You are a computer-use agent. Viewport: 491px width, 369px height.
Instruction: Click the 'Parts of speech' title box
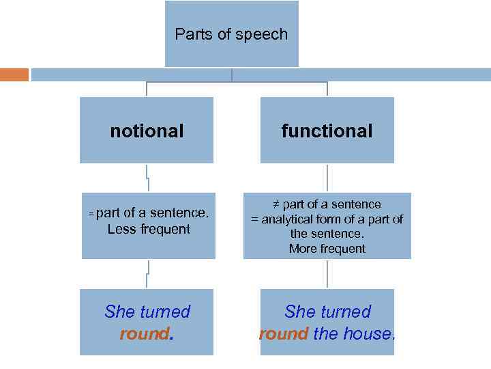(232, 34)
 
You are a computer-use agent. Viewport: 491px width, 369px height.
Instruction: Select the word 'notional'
(147, 131)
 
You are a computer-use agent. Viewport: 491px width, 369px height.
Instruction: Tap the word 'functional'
(327, 131)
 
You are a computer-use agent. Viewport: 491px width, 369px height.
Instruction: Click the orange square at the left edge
(14, 74)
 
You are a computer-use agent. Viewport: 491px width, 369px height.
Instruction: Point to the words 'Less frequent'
(149, 229)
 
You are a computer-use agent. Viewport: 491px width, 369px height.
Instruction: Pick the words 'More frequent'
(327, 249)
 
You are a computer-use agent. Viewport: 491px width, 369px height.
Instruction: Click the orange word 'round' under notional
(144, 334)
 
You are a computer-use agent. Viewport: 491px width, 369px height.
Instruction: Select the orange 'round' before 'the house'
(284, 334)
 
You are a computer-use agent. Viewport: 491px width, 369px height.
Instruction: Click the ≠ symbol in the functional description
(276, 204)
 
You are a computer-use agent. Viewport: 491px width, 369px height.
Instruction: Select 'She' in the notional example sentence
(120, 312)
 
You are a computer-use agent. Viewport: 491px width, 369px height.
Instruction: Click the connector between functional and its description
(327, 178)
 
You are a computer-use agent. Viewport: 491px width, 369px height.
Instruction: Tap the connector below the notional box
(147, 178)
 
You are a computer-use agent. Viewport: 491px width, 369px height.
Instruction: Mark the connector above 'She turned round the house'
(327, 274)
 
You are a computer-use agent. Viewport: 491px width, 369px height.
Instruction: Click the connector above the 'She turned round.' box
(147, 274)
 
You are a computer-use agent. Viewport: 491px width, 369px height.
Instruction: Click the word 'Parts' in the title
(190, 34)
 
